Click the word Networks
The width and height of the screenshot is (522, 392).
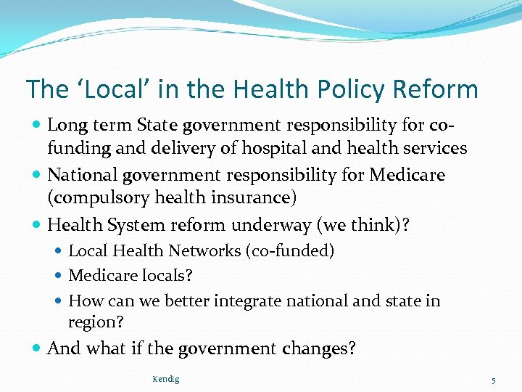[x=206, y=251]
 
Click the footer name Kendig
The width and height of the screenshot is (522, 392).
[x=166, y=379]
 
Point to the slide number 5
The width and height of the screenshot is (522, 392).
[x=492, y=380]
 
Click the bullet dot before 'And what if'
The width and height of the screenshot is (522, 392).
[x=37, y=349]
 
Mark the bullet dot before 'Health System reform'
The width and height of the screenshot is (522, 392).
[x=37, y=226]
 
